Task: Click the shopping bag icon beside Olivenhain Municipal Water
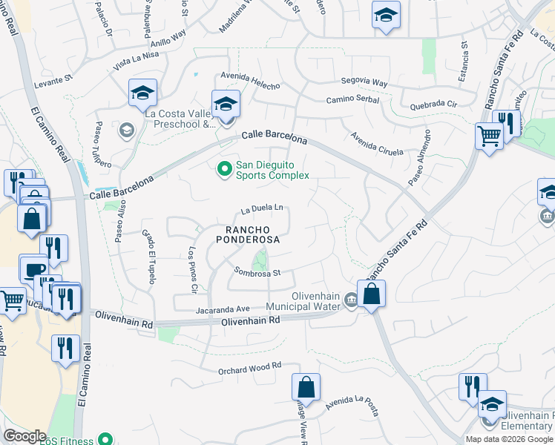coord(372,294)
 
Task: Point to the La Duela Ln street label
coord(263,209)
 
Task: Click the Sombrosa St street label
coord(256,272)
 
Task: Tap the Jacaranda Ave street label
coord(223,309)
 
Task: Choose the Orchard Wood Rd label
coord(250,366)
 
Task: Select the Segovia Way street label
coord(364,82)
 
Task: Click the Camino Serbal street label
coord(352,100)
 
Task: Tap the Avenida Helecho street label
coord(249,77)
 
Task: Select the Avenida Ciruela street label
coord(377,142)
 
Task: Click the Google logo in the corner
coord(24,436)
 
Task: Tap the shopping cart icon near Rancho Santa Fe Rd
coord(489,137)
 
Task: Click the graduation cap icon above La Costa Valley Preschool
coord(142,93)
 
